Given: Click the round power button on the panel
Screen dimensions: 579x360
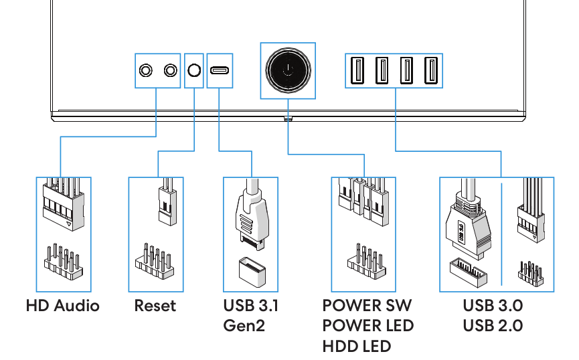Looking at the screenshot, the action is pyautogui.click(x=288, y=70).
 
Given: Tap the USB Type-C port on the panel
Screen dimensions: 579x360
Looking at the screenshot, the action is pyautogui.click(x=220, y=70).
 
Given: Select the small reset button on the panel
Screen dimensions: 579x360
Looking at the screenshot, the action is pyautogui.click(x=194, y=70).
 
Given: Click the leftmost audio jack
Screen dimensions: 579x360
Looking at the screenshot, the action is pyautogui.click(x=146, y=70).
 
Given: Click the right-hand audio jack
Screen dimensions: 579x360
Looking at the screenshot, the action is pyautogui.click(x=170, y=70).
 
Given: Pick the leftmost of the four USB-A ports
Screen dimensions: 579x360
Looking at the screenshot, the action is pyautogui.click(x=357, y=70).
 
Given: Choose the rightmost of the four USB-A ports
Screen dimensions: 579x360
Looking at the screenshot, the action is pyautogui.click(x=431, y=70).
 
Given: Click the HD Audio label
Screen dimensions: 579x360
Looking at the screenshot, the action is pyautogui.click(x=63, y=306).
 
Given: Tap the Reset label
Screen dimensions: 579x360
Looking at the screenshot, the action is pyautogui.click(x=155, y=306).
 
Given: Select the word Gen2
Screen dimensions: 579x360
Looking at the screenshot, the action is pyautogui.click(x=244, y=326).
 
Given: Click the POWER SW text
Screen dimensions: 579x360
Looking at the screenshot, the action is pyautogui.click(x=367, y=306).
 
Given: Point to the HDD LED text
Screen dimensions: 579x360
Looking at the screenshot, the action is pyautogui.click(x=357, y=347).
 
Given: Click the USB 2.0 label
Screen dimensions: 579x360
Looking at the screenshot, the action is pyautogui.click(x=493, y=326).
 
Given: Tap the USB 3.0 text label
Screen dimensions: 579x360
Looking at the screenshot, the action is pyautogui.click(x=493, y=306).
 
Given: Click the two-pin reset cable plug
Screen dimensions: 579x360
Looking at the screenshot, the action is pyautogui.click(x=167, y=202).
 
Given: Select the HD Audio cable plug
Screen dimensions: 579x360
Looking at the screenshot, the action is pyautogui.click(x=64, y=204).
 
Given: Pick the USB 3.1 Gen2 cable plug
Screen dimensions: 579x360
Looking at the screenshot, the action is pyautogui.click(x=252, y=215).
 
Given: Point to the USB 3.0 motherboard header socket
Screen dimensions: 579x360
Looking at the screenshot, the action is pyautogui.click(x=469, y=272).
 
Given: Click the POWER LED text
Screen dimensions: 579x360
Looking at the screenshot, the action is pyautogui.click(x=368, y=326).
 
